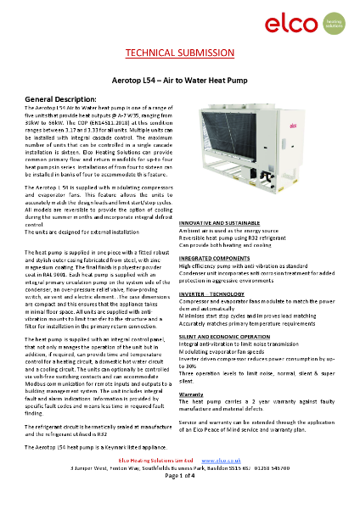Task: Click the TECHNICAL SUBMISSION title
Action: coord(179,53)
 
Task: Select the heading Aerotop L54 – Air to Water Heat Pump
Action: coord(179,77)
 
